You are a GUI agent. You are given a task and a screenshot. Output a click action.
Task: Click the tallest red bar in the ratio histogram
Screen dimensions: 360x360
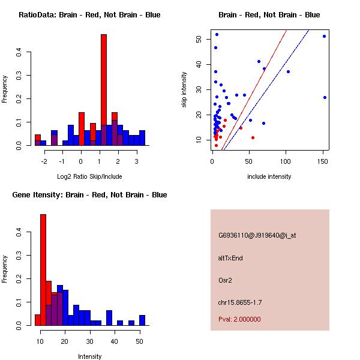click(104, 90)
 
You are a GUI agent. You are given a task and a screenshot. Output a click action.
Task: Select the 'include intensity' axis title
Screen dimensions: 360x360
click(269, 176)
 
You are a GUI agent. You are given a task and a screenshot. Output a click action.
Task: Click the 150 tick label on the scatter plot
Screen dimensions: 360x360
click(325, 161)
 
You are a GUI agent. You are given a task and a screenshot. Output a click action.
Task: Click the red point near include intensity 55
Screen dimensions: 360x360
click(253, 137)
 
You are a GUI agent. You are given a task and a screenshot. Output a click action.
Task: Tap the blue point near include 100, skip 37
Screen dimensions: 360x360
click(288, 71)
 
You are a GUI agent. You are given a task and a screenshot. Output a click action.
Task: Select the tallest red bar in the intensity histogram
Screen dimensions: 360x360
click(43, 269)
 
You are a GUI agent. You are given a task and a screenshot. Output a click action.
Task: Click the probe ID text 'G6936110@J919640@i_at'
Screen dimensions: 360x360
click(257, 235)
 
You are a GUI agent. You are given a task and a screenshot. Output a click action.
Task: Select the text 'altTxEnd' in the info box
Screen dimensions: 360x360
click(230, 258)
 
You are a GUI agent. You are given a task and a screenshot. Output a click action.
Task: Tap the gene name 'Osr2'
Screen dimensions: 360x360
click(225, 280)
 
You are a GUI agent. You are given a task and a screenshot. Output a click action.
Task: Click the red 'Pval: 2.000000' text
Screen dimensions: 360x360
click(239, 319)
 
